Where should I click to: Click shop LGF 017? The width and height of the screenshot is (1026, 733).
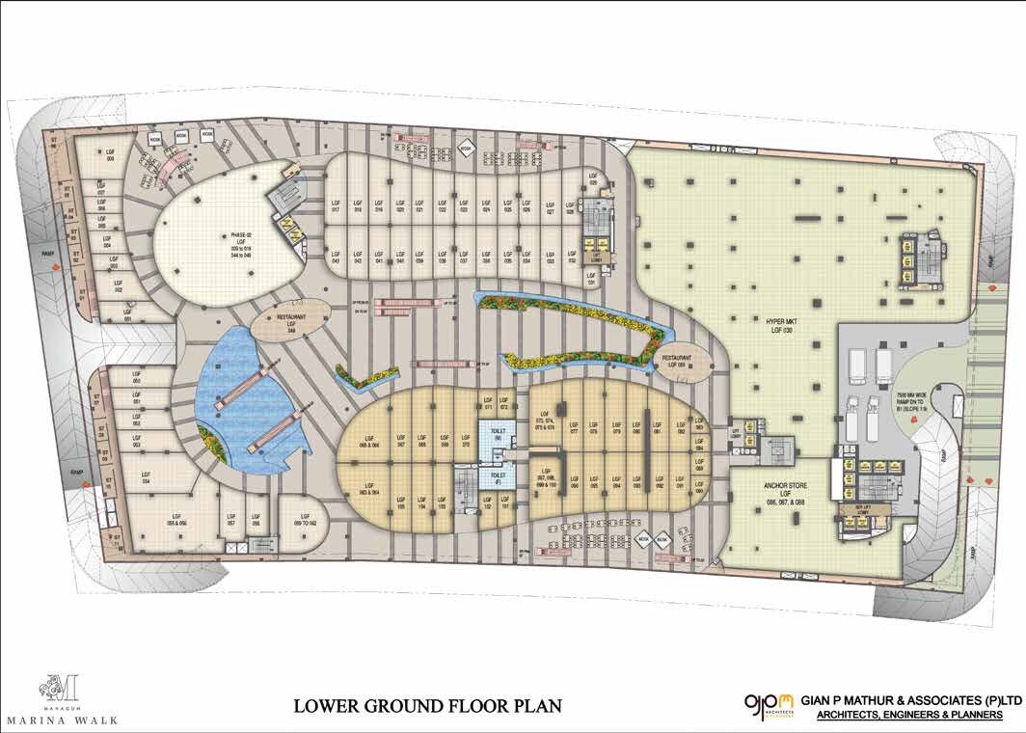point(336,208)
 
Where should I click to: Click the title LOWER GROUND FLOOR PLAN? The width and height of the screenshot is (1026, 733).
point(427,706)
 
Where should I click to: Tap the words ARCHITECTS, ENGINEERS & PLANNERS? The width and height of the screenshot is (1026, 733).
point(908,715)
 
